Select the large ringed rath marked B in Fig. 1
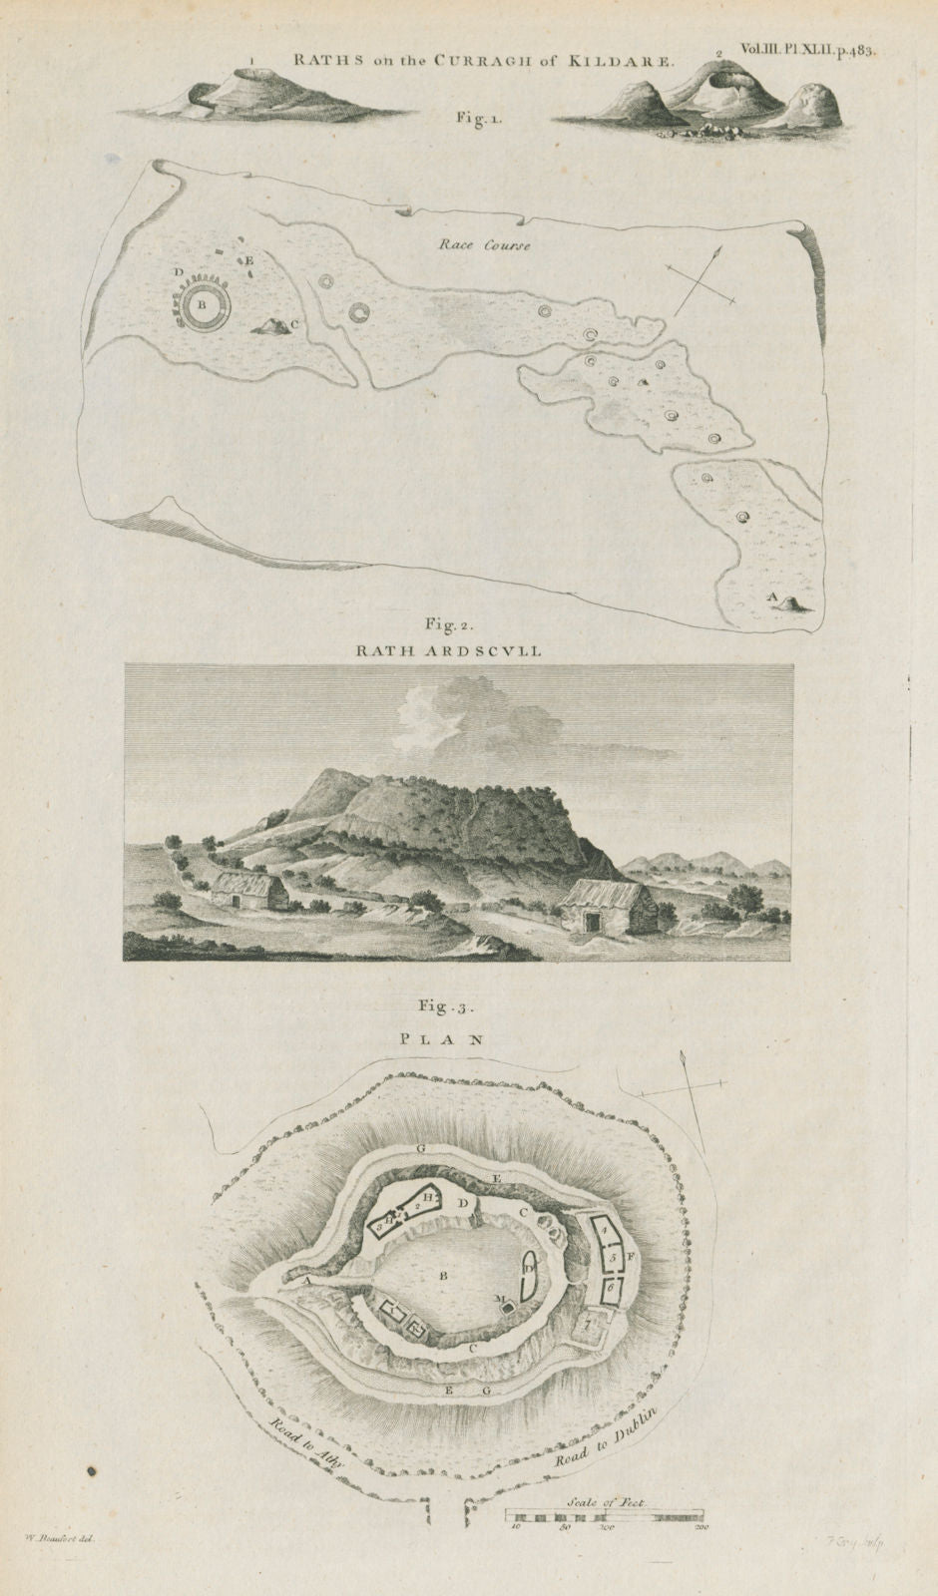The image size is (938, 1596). point(203,307)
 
